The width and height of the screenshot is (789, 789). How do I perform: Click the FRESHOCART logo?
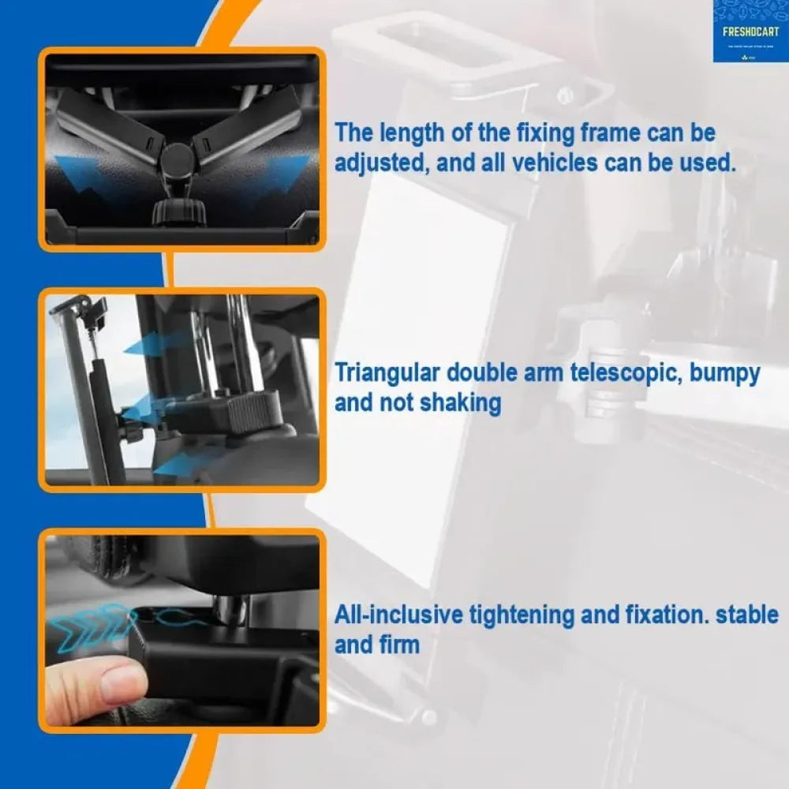point(750,32)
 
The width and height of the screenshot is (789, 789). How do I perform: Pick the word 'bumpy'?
point(725,372)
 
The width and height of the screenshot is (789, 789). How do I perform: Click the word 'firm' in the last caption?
point(398,645)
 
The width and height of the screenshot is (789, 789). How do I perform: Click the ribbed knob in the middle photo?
point(256,408)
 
